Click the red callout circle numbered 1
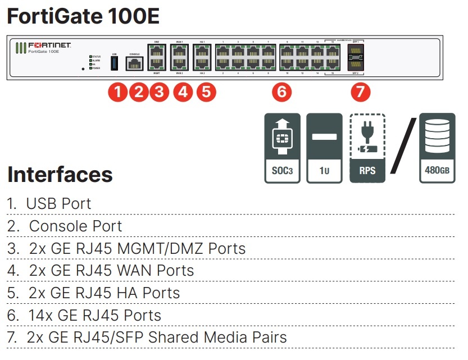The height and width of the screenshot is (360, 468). (117, 92)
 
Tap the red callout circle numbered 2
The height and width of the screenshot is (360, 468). (138, 92)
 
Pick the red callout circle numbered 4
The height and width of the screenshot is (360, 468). (182, 92)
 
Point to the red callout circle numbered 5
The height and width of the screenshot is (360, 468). (206, 92)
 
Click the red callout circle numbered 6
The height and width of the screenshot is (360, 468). (282, 92)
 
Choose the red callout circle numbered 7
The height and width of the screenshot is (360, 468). (360, 92)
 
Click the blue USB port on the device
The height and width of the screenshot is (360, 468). (115, 63)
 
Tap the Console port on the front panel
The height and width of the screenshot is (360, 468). (134, 64)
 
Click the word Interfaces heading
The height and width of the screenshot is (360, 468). (60, 175)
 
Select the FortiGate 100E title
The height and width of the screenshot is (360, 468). (83, 16)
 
